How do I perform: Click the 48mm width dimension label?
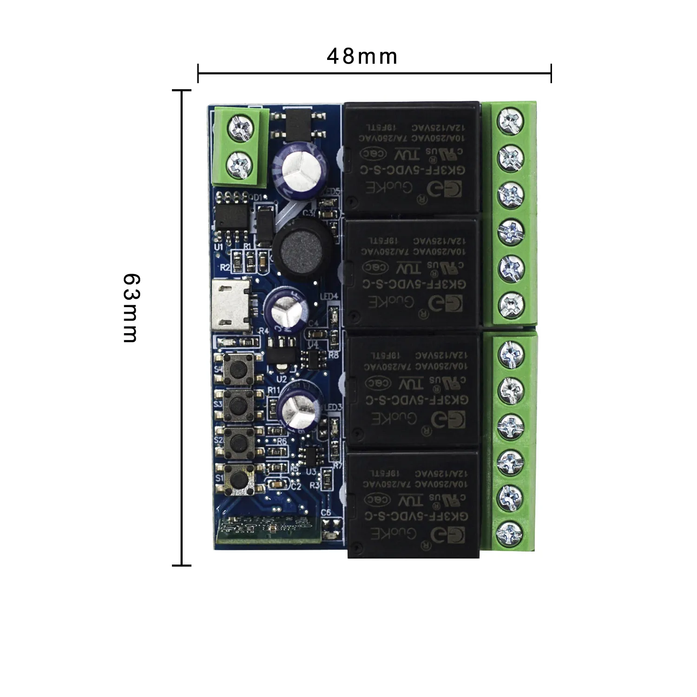(x=362, y=57)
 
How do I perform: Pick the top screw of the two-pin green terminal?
(x=241, y=126)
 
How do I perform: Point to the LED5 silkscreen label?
(x=332, y=191)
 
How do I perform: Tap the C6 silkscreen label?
(x=326, y=512)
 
